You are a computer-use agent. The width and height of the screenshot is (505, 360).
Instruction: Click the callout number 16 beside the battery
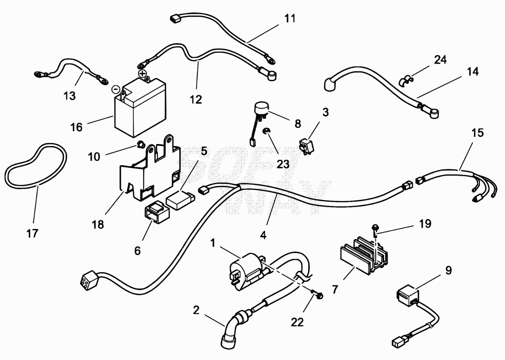pos(76,127)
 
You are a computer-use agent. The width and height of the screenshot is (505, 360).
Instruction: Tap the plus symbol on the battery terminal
pos(143,74)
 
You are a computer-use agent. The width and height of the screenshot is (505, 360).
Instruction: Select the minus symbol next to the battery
pos(115,89)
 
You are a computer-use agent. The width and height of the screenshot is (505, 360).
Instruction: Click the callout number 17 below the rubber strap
pos(32,233)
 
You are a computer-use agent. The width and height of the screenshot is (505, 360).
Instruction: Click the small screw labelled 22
pos(318,294)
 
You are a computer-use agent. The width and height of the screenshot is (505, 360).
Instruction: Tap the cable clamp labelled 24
pos(404,80)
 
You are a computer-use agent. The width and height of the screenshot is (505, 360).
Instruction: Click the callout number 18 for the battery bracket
pos(98,224)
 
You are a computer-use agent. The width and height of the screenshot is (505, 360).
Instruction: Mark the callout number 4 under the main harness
pos(263,235)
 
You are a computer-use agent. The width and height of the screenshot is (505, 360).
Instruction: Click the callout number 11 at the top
pos(289,18)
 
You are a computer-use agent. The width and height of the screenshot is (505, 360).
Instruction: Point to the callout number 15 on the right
pos(477,133)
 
